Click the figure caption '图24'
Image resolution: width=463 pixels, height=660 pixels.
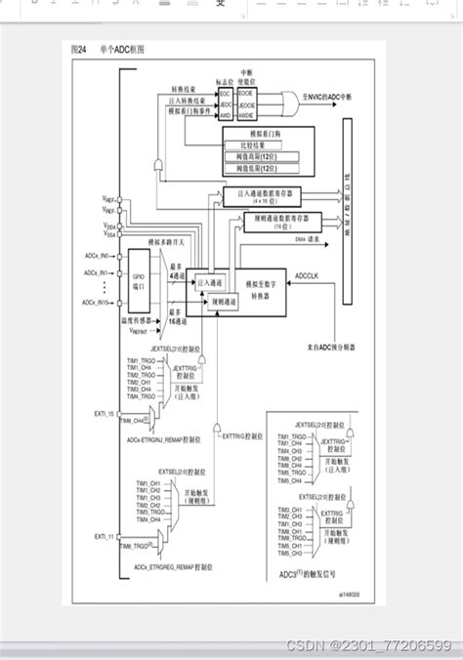tap(78, 49)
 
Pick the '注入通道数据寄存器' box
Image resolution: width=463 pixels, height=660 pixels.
tap(263, 195)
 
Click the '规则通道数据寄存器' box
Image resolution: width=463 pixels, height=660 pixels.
tap(263, 221)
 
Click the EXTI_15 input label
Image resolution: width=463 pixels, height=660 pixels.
tap(105, 415)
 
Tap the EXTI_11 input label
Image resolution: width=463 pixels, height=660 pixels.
tap(105, 536)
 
